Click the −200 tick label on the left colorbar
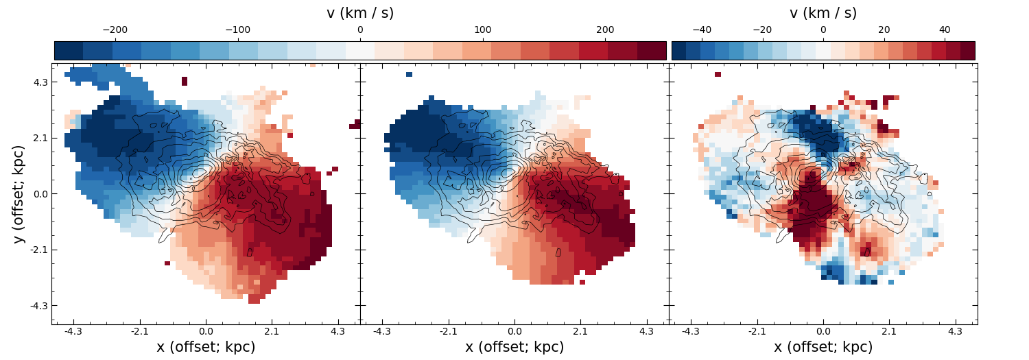pyautogui.click(x=115, y=30)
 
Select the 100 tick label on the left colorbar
pyautogui.click(x=482, y=30)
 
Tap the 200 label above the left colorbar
pyautogui.click(x=605, y=30)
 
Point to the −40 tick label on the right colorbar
pyautogui.click(x=702, y=30)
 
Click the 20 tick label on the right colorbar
pyautogui.click(x=884, y=30)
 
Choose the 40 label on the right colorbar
pyautogui.click(x=945, y=30)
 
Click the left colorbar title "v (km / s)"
pyautogui.click(x=360, y=13)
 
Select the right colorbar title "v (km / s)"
pyautogui.click(x=823, y=13)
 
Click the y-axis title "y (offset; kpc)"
pyautogui.click(x=19, y=194)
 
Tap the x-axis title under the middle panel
pyautogui.click(x=514, y=347)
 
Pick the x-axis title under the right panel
pyautogui.click(x=823, y=347)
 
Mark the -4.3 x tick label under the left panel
pyautogui.click(x=73, y=331)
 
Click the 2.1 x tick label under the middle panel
pyautogui.click(x=580, y=331)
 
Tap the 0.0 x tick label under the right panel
pyautogui.click(x=823, y=331)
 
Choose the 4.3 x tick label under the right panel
pyautogui.click(x=956, y=331)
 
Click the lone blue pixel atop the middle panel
pyautogui.click(x=410, y=74)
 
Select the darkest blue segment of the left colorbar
pyautogui.click(x=69, y=51)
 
